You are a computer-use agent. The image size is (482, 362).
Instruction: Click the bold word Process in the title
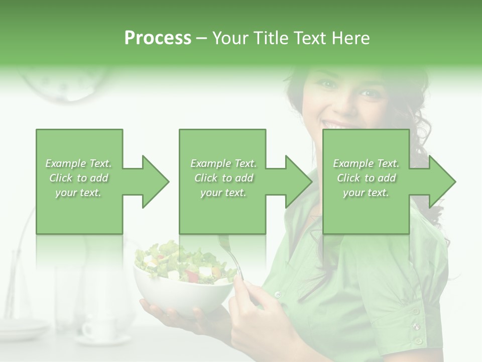tap(158, 38)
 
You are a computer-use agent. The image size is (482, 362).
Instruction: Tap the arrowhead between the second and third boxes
tap(298, 182)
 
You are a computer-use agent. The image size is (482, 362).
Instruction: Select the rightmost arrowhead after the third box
tap(441, 182)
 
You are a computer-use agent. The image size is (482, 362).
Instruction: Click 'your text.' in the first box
tap(78, 193)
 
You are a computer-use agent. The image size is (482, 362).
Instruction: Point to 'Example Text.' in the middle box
tap(223, 163)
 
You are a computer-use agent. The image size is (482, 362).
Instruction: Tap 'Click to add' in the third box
tap(366, 178)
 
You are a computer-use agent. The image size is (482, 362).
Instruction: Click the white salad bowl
tap(183, 297)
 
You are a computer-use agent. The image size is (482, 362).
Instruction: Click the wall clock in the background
tap(65, 83)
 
